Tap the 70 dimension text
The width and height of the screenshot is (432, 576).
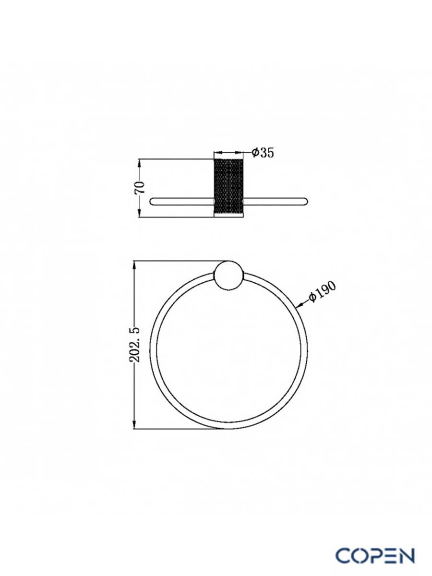[x=140, y=187]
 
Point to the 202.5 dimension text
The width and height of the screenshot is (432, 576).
[x=134, y=345]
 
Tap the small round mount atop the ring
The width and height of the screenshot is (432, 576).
[x=229, y=276]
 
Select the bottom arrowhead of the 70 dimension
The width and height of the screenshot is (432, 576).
[x=140, y=213]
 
